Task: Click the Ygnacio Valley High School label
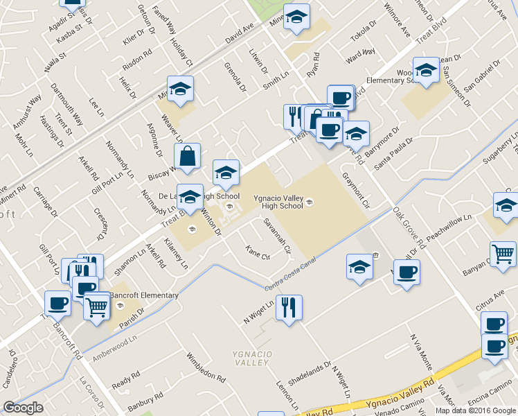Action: coord(278,202)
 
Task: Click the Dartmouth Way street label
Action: coord(66,105)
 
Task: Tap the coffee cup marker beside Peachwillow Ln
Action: coord(407,271)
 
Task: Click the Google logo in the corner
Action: coord(24,408)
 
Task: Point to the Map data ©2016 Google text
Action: coord(476,410)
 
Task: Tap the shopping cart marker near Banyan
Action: coord(503,253)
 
